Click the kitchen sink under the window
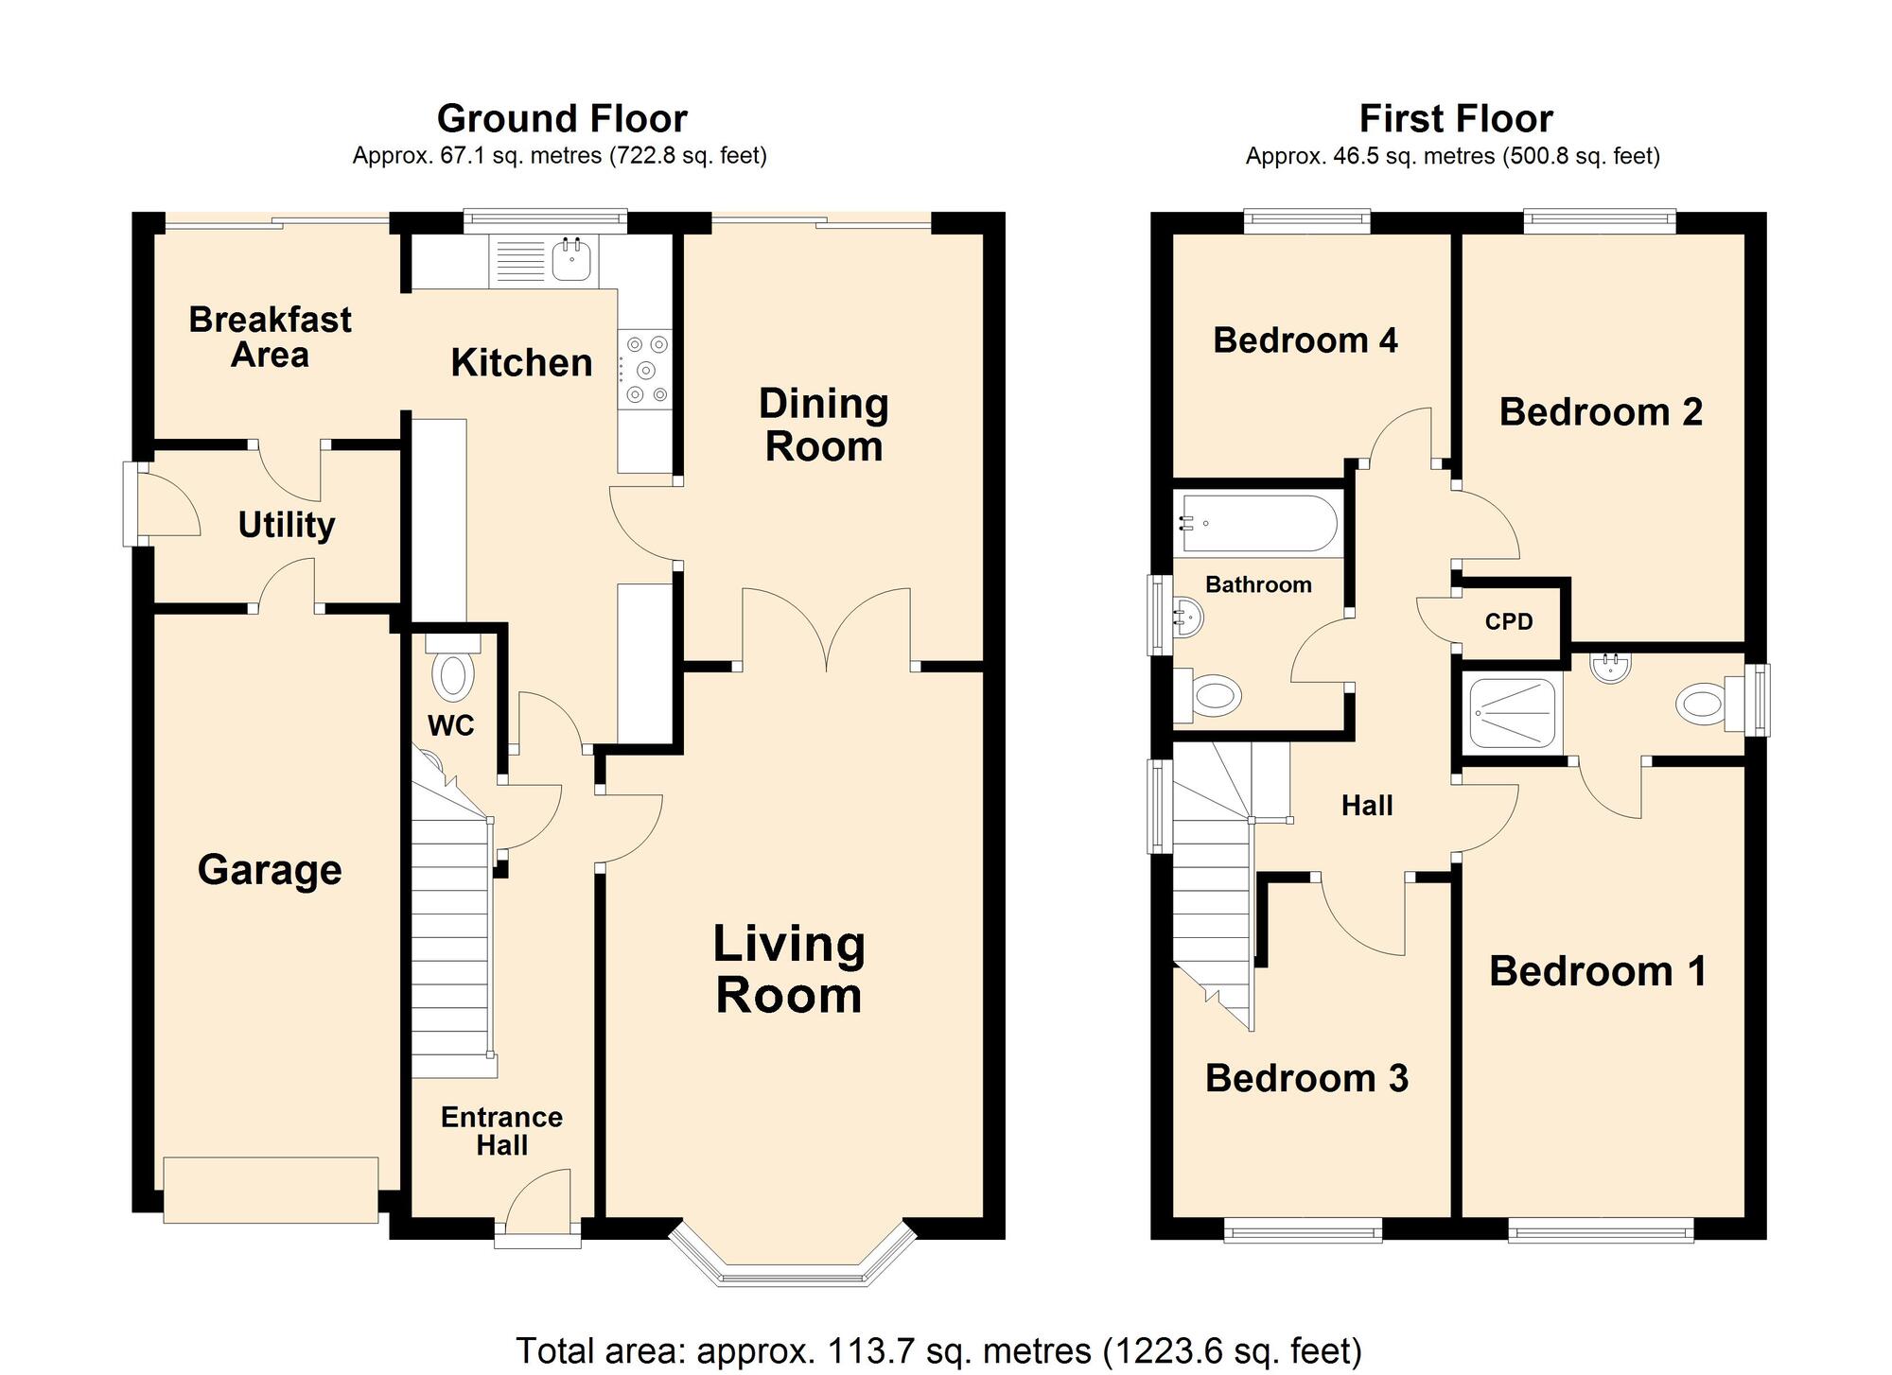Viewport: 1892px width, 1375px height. [571, 257]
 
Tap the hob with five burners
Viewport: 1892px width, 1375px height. [646, 370]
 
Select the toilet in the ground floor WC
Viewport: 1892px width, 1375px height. [453, 675]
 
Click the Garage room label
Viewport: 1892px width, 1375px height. [270, 870]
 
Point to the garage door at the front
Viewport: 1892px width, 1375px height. [271, 1189]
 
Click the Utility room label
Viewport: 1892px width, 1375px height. [286, 525]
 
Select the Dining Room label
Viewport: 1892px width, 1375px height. [823, 426]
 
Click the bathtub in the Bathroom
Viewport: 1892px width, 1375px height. [1257, 523]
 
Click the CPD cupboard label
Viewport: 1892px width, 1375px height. [1508, 622]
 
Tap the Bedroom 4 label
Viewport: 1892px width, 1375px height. [1305, 340]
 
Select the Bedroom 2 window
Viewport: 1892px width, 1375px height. [1599, 221]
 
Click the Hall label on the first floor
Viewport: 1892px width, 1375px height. [1367, 806]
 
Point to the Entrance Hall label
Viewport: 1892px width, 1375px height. [501, 1131]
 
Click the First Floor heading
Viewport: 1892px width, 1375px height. [1455, 119]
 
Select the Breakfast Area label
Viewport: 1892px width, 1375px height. [270, 338]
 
